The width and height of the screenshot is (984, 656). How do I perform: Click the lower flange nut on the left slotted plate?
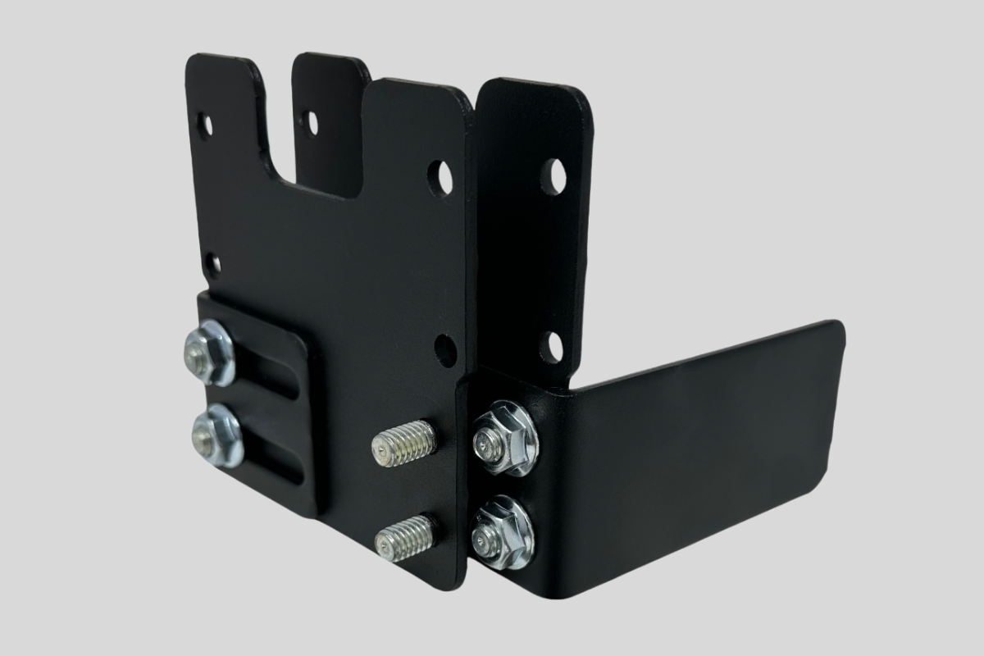(x=216, y=435)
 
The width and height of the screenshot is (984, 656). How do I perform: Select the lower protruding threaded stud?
(x=405, y=537)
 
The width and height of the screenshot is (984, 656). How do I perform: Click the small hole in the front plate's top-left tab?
(x=204, y=125)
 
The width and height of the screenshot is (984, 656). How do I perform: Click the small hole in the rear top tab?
(x=309, y=121)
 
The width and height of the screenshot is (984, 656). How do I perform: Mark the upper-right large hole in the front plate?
(x=441, y=177)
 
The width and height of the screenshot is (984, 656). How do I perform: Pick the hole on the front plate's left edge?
(x=212, y=263)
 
